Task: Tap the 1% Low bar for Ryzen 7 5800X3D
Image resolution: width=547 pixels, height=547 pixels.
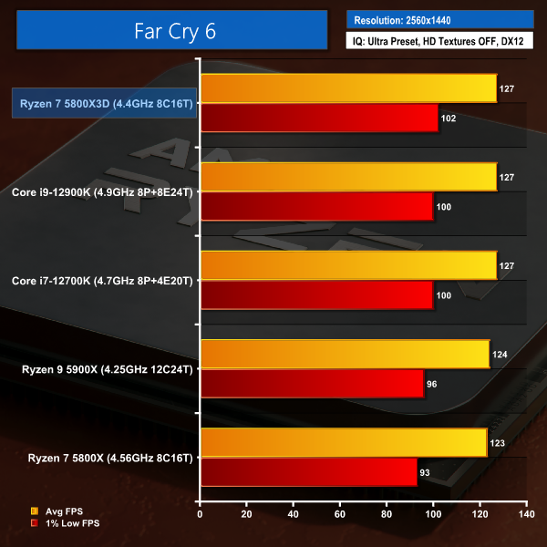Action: pos(319,119)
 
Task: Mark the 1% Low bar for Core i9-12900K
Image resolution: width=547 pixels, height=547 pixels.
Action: pos(316,206)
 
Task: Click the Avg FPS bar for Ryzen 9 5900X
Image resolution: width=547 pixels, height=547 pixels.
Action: pos(345,353)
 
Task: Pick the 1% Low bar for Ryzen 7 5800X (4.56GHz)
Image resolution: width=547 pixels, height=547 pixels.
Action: pos(308,472)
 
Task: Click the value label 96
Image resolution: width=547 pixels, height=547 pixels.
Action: pos(432,384)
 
